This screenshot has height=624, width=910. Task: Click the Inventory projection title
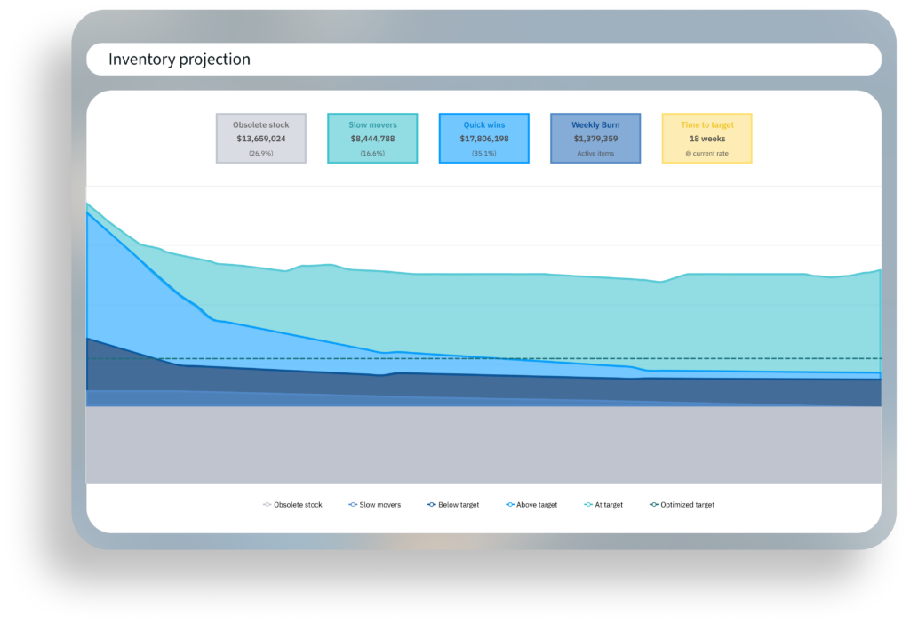[x=180, y=60]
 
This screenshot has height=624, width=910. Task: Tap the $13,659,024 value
[x=260, y=139]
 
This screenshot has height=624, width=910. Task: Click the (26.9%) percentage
[x=260, y=153]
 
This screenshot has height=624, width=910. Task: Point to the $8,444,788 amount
[x=372, y=139]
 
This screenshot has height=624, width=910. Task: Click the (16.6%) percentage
[x=372, y=153]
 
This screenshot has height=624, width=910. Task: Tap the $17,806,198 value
[x=484, y=139]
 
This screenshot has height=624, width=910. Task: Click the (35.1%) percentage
[x=484, y=153]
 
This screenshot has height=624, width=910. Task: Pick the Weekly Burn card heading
[x=595, y=125]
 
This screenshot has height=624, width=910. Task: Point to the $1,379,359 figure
[x=595, y=139]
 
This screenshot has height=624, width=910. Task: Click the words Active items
[x=595, y=153]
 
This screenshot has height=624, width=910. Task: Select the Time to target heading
[x=707, y=125]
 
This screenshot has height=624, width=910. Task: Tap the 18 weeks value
[x=707, y=139]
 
